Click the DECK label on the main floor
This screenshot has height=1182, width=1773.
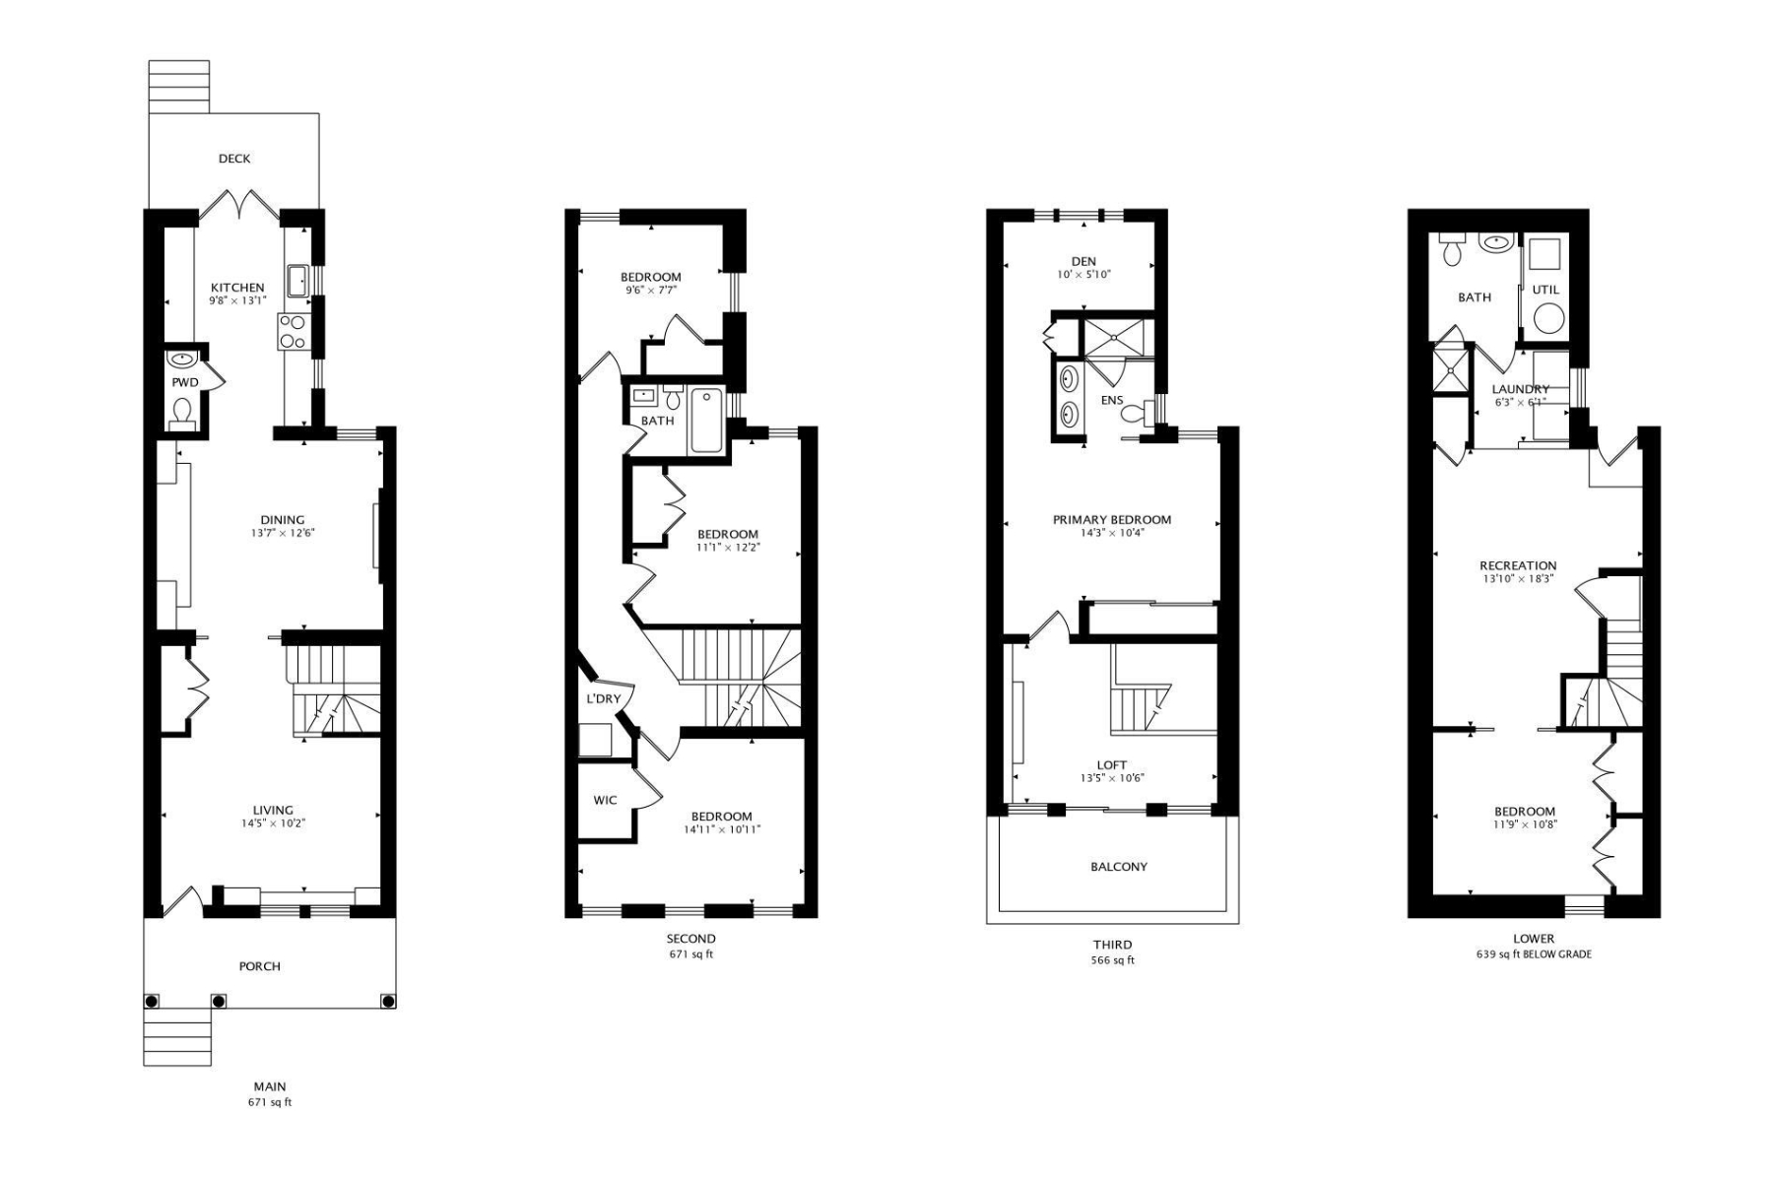coord(234,159)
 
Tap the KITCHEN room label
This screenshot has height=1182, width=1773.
coord(237,288)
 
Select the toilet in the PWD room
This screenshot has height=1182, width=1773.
coord(182,411)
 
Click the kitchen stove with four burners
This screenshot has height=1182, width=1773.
coord(293,331)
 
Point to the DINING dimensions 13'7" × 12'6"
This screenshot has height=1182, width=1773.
coord(282,533)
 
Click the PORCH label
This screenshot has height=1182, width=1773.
coord(260,966)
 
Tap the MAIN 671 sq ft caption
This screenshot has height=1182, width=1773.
coord(270,1094)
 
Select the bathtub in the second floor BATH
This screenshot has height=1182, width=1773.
coord(705,421)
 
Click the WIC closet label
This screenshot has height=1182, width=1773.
coord(605,800)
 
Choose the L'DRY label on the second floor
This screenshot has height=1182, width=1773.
coord(604,698)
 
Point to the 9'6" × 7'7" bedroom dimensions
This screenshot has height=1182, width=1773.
coord(651,291)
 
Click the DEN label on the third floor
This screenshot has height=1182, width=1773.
coord(1083,261)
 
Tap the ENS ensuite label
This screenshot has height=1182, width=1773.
coord(1111,400)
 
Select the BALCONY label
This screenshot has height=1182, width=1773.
coord(1119,867)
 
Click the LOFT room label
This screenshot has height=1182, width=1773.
coord(1111,764)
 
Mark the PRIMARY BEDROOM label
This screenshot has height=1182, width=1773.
coord(1112,519)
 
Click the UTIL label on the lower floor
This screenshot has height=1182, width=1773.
coord(1545,290)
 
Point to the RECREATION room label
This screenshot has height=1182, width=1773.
coord(1518,565)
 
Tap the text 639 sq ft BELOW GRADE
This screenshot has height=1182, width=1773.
coord(1534,953)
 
